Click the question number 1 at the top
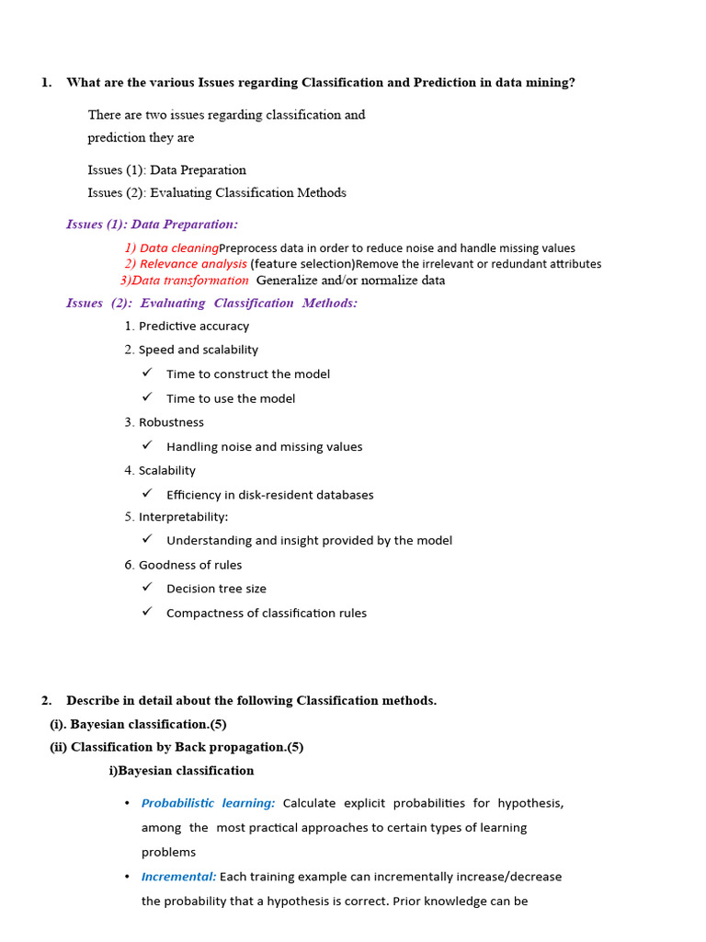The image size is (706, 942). click(x=46, y=83)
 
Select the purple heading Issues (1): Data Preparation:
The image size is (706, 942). click(x=152, y=224)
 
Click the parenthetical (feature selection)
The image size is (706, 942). click(x=302, y=264)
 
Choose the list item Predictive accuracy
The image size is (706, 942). click(x=193, y=327)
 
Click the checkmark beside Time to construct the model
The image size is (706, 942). click(x=147, y=373)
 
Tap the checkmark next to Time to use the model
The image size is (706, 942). click(x=147, y=397)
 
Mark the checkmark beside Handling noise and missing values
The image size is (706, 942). click(x=147, y=446)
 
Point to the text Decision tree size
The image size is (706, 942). click(x=216, y=589)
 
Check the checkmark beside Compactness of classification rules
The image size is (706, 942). click(x=147, y=613)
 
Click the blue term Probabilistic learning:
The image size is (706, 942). click(x=208, y=803)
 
